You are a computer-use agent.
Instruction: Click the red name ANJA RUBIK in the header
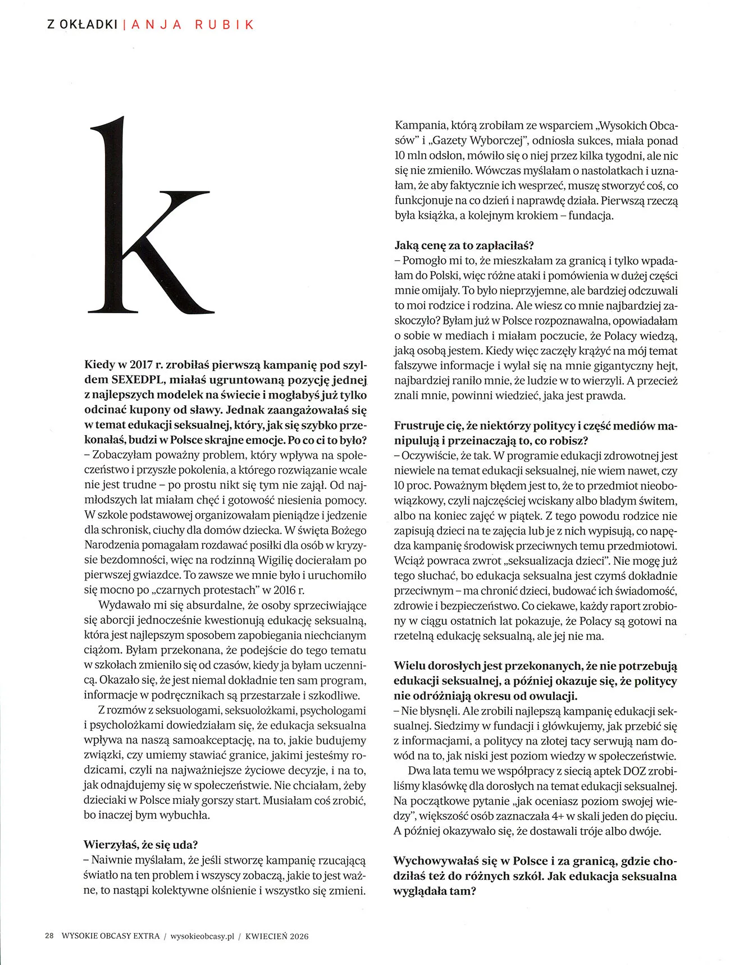click(192, 25)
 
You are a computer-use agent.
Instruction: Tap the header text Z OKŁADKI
click(82, 25)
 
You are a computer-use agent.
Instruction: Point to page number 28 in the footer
click(49, 936)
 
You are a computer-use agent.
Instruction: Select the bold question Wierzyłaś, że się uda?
click(141, 844)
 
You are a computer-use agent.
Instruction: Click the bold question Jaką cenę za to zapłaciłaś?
click(464, 245)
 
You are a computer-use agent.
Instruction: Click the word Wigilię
click(277, 560)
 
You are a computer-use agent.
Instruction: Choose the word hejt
click(667, 365)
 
